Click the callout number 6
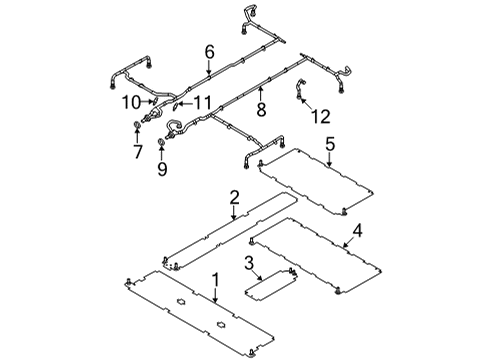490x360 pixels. click(209, 51)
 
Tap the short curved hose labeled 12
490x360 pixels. click(299, 91)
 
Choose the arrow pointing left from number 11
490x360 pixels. click(183, 102)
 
